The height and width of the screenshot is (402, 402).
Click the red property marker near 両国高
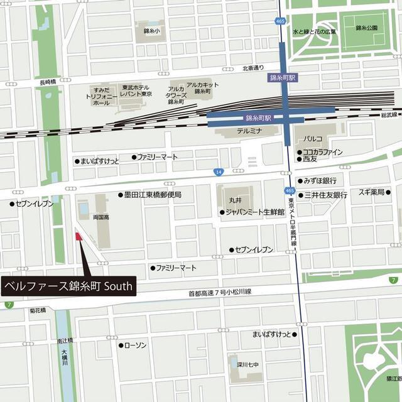[79, 237]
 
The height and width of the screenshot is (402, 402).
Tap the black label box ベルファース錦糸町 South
[68, 286]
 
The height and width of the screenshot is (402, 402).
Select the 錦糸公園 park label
[366, 28]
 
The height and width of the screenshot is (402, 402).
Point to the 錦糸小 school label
[151, 30]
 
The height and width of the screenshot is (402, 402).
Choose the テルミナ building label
[249, 132]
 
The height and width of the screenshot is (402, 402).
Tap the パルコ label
[313, 138]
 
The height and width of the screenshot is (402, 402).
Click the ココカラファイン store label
[322, 152]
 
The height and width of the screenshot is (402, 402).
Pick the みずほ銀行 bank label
[320, 180]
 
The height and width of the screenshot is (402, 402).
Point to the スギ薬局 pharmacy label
[371, 192]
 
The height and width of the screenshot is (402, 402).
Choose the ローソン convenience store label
[135, 345]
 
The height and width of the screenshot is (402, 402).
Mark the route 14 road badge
[218, 171]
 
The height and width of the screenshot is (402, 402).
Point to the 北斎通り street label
[253, 67]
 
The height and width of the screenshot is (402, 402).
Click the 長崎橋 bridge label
[48, 82]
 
